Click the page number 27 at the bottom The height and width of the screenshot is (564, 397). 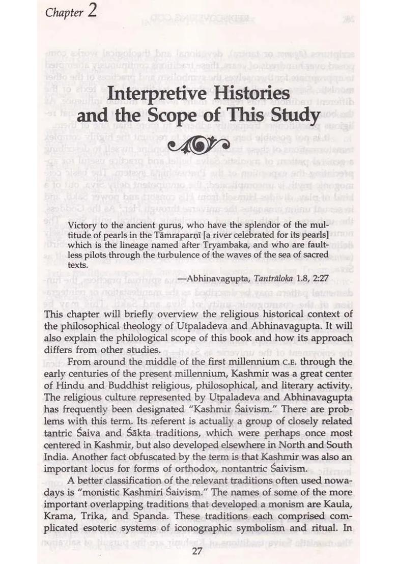click(x=198, y=551)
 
